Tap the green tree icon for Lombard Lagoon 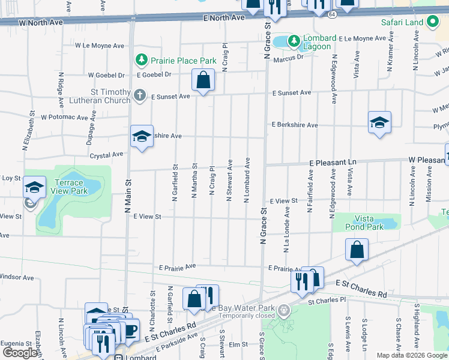pyautogui.click(x=294, y=41)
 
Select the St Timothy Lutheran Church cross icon pyautogui.click(x=140, y=95)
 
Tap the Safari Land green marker pyautogui.click(x=433, y=23)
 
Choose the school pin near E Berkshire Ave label pyautogui.click(x=379, y=122)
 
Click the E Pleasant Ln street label pyautogui.click(x=333, y=163)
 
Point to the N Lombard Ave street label pyautogui.click(x=247, y=180)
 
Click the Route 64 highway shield pyautogui.click(x=332, y=13)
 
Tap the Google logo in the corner pyautogui.click(x=20, y=353)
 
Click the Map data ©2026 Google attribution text pyautogui.click(x=411, y=355)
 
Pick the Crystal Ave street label pyautogui.click(x=106, y=154)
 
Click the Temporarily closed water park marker pyautogui.click(x=284, y=311)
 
